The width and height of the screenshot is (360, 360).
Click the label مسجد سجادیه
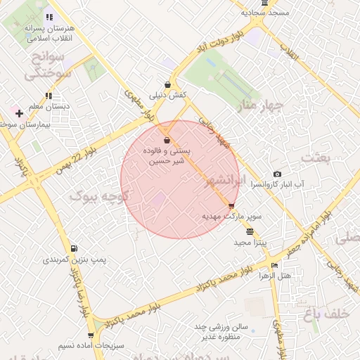(265, 13)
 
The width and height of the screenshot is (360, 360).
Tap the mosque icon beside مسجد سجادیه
(264, 3)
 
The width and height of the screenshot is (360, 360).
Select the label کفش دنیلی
(166, 95)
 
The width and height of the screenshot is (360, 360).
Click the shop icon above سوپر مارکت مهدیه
(232, 205)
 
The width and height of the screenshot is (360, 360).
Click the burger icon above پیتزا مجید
(250, 231)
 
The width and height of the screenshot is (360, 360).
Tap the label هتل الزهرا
(275, 276)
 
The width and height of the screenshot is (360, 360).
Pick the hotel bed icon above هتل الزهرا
(274, 265)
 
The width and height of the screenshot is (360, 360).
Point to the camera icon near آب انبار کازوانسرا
(278, 174)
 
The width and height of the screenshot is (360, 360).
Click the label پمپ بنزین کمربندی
(75, 259)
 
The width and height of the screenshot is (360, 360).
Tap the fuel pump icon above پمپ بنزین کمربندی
(74, 249)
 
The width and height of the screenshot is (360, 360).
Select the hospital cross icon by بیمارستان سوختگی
(19, 113)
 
